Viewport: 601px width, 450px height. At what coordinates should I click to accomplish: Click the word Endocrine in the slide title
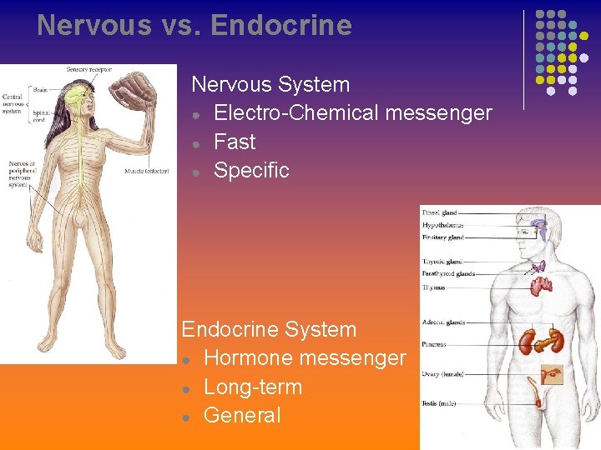pos(282,26)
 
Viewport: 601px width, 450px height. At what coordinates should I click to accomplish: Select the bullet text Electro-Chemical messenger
pos(352,113)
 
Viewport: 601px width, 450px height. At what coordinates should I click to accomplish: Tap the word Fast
pos(235,142)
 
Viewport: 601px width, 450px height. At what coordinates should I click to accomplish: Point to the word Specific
pos(251,170)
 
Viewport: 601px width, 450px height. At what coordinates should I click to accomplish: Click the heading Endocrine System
pos(269,329)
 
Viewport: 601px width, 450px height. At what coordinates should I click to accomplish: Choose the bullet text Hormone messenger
pos(305,358)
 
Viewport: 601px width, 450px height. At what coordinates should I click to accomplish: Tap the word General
pos(242,415)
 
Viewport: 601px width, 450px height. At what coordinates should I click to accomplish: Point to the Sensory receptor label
pos(89,69)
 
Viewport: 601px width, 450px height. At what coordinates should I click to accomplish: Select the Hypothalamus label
pos(442,225)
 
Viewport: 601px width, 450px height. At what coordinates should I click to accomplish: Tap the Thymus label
pos(433,287)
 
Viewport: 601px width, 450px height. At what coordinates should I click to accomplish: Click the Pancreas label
pos(434,344)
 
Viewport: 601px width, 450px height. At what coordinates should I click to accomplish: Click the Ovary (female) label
pos(442,374)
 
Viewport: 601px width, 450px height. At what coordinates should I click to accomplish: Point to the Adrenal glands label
pos(443,322)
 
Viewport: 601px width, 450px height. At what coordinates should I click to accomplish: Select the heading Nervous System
pos(270,84)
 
